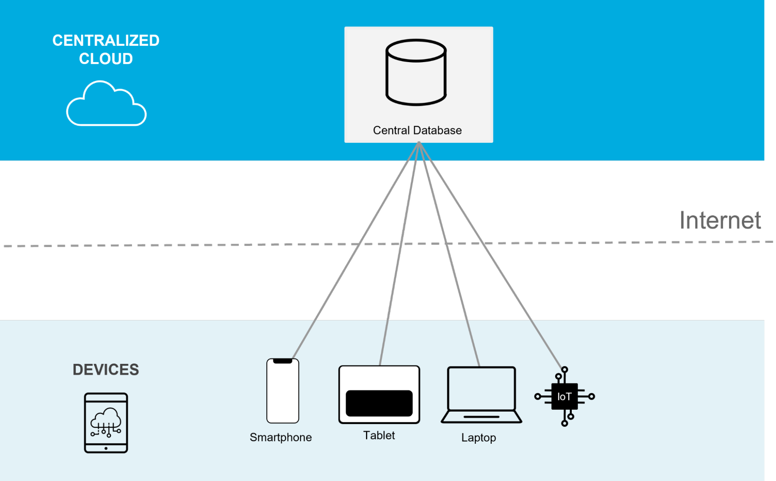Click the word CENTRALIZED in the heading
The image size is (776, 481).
coord(106,40)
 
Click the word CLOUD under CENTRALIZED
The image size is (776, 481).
coord(106,59)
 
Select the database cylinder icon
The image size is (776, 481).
coord(416,72)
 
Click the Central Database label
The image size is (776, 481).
coord(417,130)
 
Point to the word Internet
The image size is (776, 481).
coord(720,220)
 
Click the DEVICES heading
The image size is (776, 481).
coord(106,369)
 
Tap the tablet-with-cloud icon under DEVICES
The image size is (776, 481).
coord(106,422)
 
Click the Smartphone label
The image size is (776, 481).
coord(281,437)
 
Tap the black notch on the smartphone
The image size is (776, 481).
coord(283,361)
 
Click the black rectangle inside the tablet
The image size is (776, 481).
coord(379,403)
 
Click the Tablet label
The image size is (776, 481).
coord(379,435)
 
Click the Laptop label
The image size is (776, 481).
coord(478,438)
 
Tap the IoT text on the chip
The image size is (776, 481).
coord(564,396)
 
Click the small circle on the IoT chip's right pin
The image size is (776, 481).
coord(592,396)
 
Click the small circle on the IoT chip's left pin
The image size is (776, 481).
coord(537,396)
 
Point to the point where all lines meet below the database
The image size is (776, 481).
coord(419,143)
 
